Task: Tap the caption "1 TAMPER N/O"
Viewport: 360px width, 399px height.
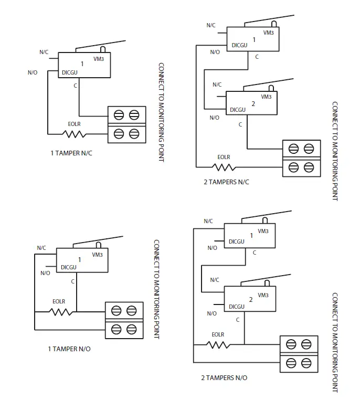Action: coord(69,349)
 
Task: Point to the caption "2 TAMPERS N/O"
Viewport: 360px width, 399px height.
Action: coord(224,377)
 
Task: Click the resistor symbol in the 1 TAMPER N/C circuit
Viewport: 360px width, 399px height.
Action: coord(74,134)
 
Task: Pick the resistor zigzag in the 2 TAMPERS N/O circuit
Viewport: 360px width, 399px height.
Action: coord(217,345)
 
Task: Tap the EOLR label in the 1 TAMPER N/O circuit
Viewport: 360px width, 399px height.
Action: coord(59,301)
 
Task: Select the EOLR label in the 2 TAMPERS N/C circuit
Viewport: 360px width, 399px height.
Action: coord(224,157)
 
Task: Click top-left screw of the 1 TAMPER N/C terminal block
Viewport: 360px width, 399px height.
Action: coord(119,114)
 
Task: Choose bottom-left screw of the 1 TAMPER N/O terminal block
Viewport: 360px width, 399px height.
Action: coord(116,329)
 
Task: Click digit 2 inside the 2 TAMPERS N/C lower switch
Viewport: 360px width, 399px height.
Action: coord(253,104)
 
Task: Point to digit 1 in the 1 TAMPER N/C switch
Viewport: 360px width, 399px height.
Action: coord(82,64)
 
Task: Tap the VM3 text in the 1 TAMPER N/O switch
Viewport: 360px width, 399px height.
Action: coord(97,255)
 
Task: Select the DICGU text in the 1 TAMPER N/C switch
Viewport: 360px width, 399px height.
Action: coord(70,72)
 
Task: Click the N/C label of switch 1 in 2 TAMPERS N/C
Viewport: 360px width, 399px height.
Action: coord(211,25)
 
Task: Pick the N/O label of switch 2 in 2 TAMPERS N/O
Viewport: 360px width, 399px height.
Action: coord(211,313)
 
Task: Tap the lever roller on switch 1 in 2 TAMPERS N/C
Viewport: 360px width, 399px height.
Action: coord(273,24)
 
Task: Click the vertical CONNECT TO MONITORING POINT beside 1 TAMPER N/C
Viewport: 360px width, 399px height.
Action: coord(161,112)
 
